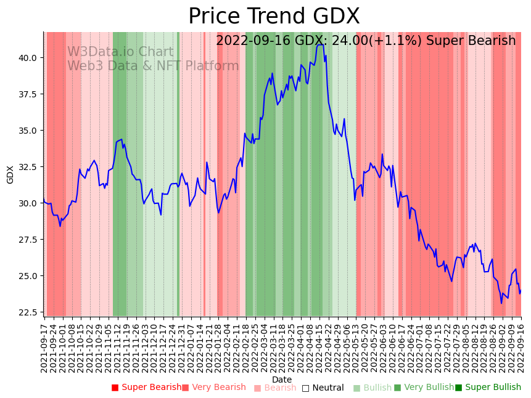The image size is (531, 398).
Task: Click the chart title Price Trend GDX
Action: (x=274, y=17)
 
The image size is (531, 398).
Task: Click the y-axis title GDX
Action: (x=10, y=174)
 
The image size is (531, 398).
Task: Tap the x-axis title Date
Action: (x=282, y=380)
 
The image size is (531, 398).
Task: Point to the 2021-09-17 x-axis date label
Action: (x=44, y=348)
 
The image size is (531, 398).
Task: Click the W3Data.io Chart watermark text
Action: (x=120, y=52)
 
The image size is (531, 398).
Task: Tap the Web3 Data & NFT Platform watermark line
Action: (x=153, y=66)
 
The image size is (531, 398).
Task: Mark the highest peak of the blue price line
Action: (x=320, y=44)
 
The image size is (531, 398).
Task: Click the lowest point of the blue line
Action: (x=501, y=303)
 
